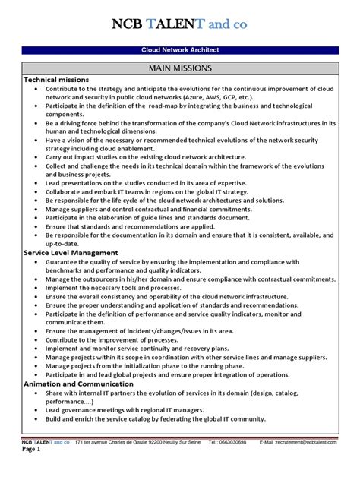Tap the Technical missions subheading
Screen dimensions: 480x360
[57, 79]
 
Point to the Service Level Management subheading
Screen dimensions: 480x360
[71, 252]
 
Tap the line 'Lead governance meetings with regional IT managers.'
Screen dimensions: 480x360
[136, 409]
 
